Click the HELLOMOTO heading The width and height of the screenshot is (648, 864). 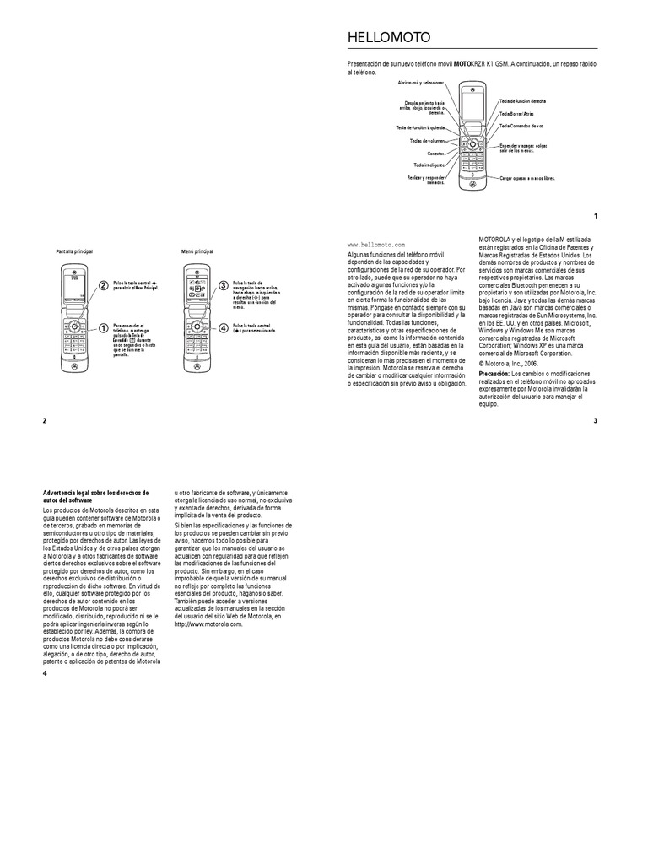click(x=389, y=38)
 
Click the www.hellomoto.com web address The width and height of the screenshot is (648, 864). click(x=376, y=244)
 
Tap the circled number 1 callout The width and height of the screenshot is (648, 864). click(x=103, y=327)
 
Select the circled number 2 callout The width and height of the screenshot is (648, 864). click(x=103, y=285)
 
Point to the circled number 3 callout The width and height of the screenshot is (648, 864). click(x=223, y=285)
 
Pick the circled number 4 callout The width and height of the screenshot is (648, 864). click(x=223, y=327)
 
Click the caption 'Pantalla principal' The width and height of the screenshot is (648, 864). click(x=74, y=251)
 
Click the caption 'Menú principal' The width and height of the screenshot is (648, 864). click(x=197, y=251)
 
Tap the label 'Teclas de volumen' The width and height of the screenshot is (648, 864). click(x=427, y=141)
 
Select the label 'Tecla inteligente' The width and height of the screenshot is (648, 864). click(x=429, y=165)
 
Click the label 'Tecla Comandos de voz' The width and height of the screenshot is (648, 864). click(x=521, y=126)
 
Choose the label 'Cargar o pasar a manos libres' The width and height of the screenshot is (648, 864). click(x=527, y=179)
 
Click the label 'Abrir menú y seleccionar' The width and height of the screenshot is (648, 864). click(x=421, y=83)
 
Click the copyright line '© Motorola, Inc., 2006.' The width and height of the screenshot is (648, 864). click(x=508, y=362)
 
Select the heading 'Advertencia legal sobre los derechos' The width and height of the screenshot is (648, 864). click(x=95, y=493)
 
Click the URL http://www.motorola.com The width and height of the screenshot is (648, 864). click(x=208, y=624)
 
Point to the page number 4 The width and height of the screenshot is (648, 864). click(x=45, y=673)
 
